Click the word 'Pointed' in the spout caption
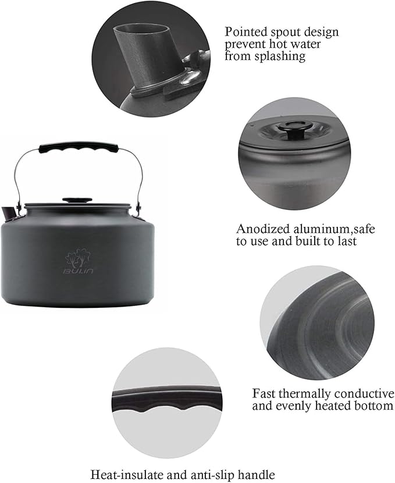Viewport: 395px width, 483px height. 244,32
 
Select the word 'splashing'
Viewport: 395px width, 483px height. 282,56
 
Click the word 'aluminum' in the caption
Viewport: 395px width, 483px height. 314,229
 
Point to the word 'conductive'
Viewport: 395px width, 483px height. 362,393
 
